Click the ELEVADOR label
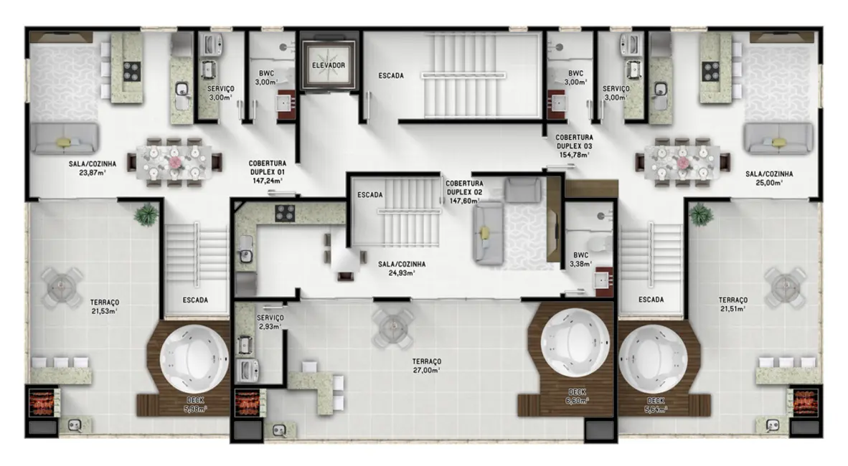click(x=329, y=65)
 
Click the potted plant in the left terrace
click(x=146, y=214)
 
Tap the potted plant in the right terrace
click(x=700, y=214)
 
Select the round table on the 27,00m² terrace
click(x=392, y=325)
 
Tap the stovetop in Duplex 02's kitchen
click(x=285, y=213)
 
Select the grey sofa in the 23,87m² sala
click(x=63, y=138)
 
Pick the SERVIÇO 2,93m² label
click(x=270, y=321)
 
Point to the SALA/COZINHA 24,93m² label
click(x=401, y=268)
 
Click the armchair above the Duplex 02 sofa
click(x=522, y=190)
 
